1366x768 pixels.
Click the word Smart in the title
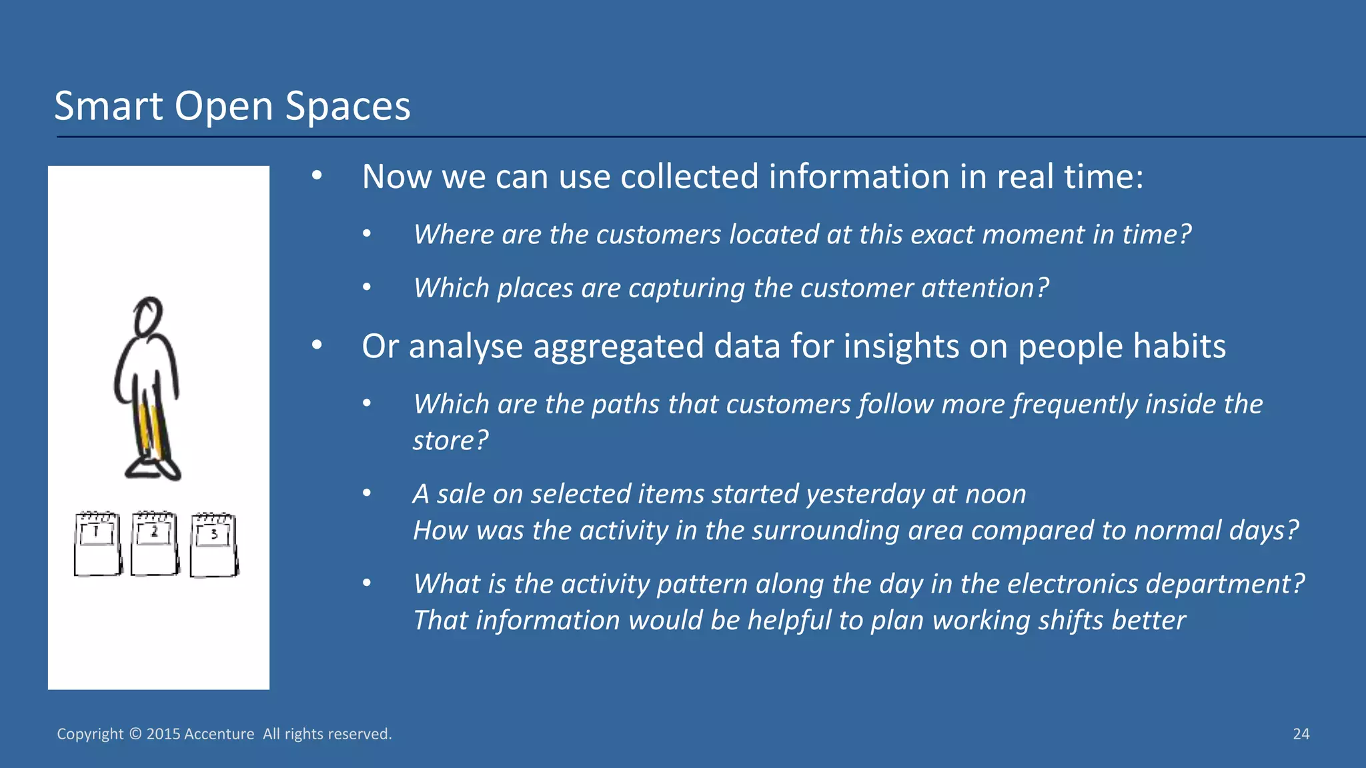pyautogui.click(x=108, y=107)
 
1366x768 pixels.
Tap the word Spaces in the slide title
pyautogui.click(x=348, y=107)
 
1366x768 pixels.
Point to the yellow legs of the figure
pyautogui.click(x=149, y=430)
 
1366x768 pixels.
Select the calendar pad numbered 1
pyautogui.click(x=97, y=544)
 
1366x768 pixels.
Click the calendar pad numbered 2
pyautogui.click(x=155, y=543)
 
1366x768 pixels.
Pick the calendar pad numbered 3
pyautogui.click(x=213, y=545)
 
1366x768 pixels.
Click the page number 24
pyautogui.click(x=1301, y=734)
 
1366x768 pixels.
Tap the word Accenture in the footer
pyautogui.click(x=219, y=734)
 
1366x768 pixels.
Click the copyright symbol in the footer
pyautogui.click(x=135, y=734)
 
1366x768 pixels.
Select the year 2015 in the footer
pyautogui.click(x=163, y=734)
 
